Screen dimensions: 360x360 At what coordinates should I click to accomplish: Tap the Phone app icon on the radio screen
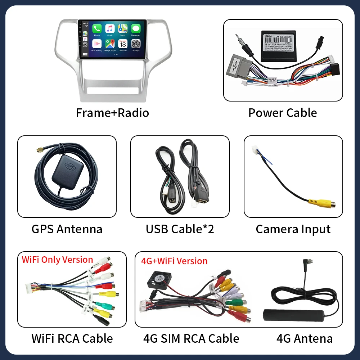(97, 29)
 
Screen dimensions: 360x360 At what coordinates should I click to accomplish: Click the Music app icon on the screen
(110, 29)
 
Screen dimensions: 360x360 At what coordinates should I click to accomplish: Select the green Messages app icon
(136, 29)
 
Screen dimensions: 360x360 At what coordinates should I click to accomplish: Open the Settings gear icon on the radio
(136, 44)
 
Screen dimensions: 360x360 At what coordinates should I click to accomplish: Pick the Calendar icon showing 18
(123, 44)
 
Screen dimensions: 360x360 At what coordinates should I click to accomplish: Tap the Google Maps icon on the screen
(110, 44)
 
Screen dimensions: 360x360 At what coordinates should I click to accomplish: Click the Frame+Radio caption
(112, 113)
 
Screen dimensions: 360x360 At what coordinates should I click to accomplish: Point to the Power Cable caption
(283, 113)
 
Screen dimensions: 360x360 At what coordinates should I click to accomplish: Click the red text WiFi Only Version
(58, 260)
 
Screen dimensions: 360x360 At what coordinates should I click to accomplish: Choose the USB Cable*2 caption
(180, 229)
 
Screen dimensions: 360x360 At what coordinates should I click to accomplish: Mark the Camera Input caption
(293, 229)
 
